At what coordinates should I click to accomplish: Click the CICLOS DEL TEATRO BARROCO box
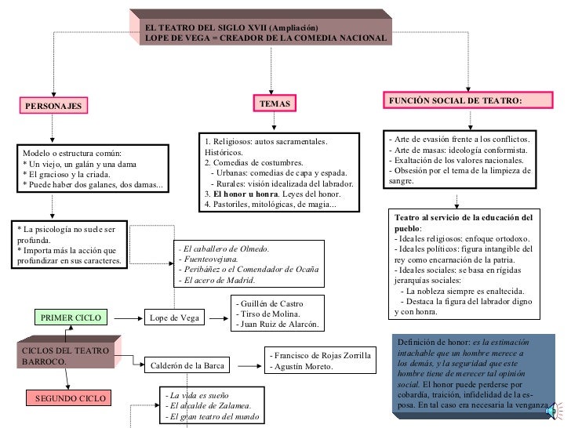pos(66,355)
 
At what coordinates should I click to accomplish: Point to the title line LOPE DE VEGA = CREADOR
pos(266,38)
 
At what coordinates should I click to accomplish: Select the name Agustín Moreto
pos(301,366)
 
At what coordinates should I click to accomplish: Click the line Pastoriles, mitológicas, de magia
pos(269,205)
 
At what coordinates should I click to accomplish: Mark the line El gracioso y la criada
pos(66,173)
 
